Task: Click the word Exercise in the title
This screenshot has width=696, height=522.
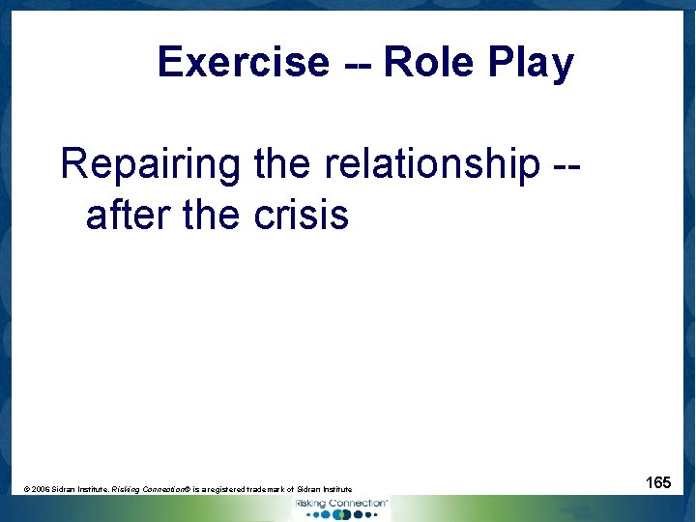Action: coord(243,63)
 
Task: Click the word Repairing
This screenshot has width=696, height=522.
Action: coord(150,164)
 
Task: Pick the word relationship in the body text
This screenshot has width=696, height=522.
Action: coord(432,164)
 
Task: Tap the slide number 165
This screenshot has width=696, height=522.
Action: coord(658,481)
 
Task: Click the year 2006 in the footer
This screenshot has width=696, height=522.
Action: coord(41,490)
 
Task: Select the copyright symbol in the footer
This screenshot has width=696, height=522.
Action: coord(26,490)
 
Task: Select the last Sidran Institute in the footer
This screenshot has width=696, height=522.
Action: coord(327,490)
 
